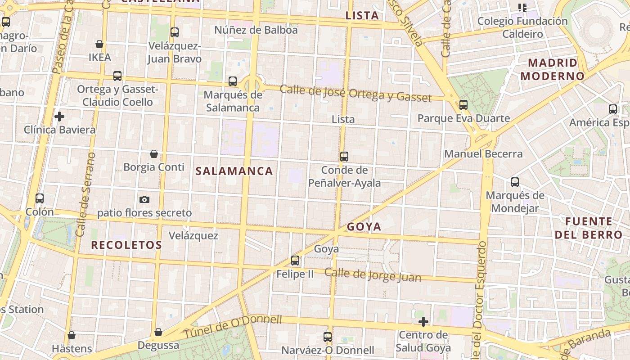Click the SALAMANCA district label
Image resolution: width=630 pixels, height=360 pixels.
point(234,171)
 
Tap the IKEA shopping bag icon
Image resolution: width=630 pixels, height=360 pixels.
point(99,44)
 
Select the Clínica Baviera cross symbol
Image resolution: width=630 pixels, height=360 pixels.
point(59,117)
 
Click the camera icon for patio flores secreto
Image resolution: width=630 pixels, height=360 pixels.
point(144,199)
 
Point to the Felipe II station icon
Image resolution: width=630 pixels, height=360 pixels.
point(295,260)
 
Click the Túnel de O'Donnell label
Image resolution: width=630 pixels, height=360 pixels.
point(232,327)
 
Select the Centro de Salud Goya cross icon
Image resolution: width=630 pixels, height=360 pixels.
point(423,322)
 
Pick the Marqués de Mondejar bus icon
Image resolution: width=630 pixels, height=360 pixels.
point(515,182)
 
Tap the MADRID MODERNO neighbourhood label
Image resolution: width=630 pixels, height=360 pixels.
point(552,69)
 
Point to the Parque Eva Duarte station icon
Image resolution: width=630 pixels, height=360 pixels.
point(463,105)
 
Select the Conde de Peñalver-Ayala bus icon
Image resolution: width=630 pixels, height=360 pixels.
point(344,157)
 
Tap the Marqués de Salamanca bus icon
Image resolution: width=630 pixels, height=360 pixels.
point(233,81)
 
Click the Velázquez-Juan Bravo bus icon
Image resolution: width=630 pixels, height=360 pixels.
point(175,32)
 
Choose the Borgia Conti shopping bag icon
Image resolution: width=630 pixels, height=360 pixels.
point(154,154)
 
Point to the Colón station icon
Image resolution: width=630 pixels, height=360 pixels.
point(40,198)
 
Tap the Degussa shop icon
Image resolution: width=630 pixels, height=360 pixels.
point(158,332)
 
